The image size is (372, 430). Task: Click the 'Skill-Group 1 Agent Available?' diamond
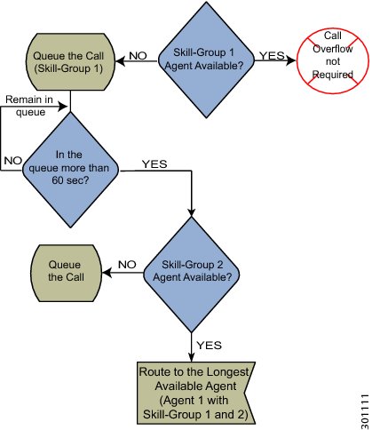tap(206, 60)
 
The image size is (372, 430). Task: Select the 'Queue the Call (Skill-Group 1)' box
tap(70, 61)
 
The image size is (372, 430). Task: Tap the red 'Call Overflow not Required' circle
tap(333, 60)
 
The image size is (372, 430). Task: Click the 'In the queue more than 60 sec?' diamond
tap(70, 170)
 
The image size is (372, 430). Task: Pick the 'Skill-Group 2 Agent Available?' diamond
tap(192, 275)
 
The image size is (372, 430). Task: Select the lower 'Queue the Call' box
tap(66, 273)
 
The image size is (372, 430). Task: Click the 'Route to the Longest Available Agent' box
tap(196, 393)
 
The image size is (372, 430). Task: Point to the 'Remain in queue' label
tap(29, 106)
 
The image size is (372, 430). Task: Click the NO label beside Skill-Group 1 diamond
tap(138, 56)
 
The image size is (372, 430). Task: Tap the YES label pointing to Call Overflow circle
tap(272, 55)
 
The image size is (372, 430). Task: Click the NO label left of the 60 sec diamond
tap(13, 161)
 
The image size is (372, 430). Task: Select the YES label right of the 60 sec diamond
tap(154, 163)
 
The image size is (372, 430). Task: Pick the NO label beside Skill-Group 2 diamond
tap(127, 264)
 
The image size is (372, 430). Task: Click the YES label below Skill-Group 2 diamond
tap(210, 345)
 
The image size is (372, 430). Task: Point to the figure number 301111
tap(365, 411)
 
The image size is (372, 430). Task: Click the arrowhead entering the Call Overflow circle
tap(291, 60)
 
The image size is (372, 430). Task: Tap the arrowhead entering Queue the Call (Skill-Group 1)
tap(120, 61)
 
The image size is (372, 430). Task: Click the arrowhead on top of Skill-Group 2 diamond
tap(192, 212)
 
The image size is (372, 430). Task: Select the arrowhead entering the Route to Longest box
tap(192, 357)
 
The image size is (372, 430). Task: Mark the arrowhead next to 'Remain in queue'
tap(64, 106)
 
